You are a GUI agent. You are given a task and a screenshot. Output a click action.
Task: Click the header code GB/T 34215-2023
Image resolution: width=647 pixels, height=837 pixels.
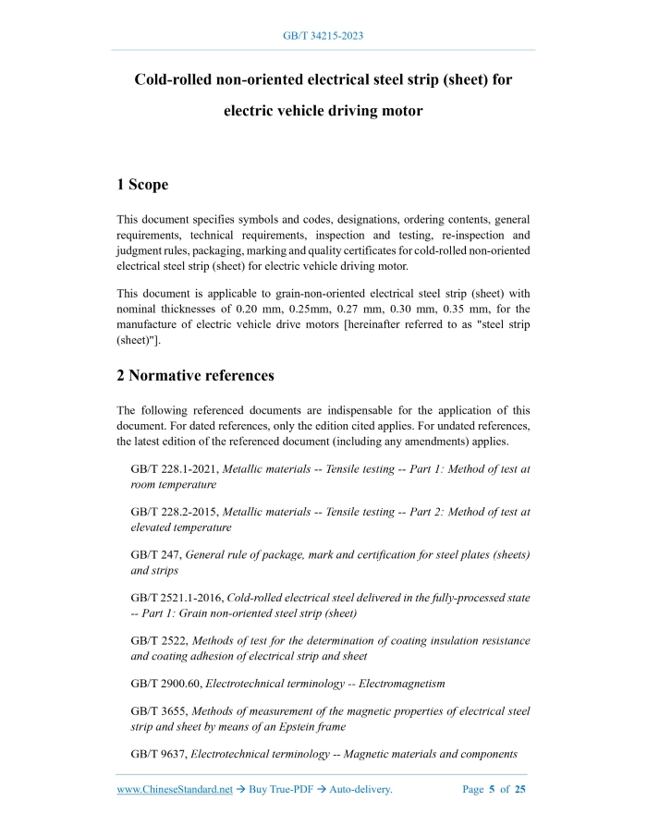(x=323, y=36)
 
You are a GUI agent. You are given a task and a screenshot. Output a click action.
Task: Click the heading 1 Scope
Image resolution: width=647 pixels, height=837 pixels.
(x=142, y=185)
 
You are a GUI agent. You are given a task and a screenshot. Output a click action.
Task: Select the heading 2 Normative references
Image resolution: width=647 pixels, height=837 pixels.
(x=195, y=375)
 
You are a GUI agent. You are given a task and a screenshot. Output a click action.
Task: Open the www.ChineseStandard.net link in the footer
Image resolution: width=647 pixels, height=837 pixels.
(x=175, y=790)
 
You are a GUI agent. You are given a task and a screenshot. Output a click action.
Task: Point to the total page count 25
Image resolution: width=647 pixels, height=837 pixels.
(x=519, y=790)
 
